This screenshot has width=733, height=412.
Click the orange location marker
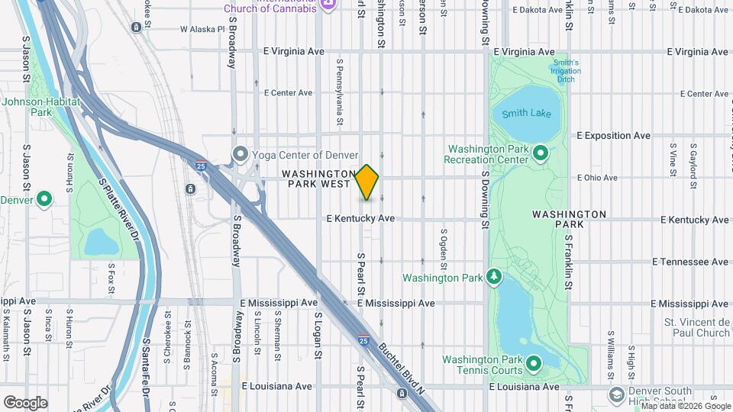coord(367,183)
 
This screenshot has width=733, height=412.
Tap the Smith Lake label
coord(527,114)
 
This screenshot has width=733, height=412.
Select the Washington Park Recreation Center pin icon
coord(541,153)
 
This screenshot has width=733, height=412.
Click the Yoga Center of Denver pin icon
coord(241,155)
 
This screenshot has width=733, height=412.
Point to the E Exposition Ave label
coord(613,136)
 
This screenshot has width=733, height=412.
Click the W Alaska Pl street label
coord(202,29)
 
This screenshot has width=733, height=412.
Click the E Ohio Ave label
coord(598,178)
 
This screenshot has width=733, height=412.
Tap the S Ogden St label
coord(444,244)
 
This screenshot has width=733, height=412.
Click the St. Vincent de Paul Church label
coord(696,327)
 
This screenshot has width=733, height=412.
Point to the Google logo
coord(25,403)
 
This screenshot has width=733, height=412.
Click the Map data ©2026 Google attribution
coord(686,406)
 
